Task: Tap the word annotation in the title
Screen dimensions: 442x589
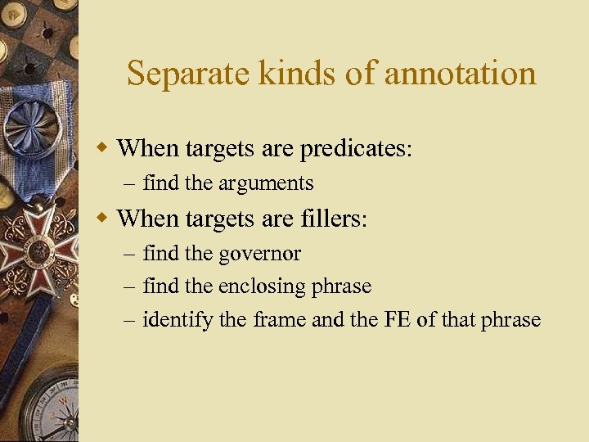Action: pos(460,74)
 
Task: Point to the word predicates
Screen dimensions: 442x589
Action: pos(356,149)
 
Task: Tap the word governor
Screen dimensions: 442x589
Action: pos(259,254)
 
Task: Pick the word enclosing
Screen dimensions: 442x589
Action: pos(261,286)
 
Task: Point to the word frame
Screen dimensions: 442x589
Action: pos(279,319)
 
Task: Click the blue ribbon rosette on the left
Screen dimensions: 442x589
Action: pos(33,127)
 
